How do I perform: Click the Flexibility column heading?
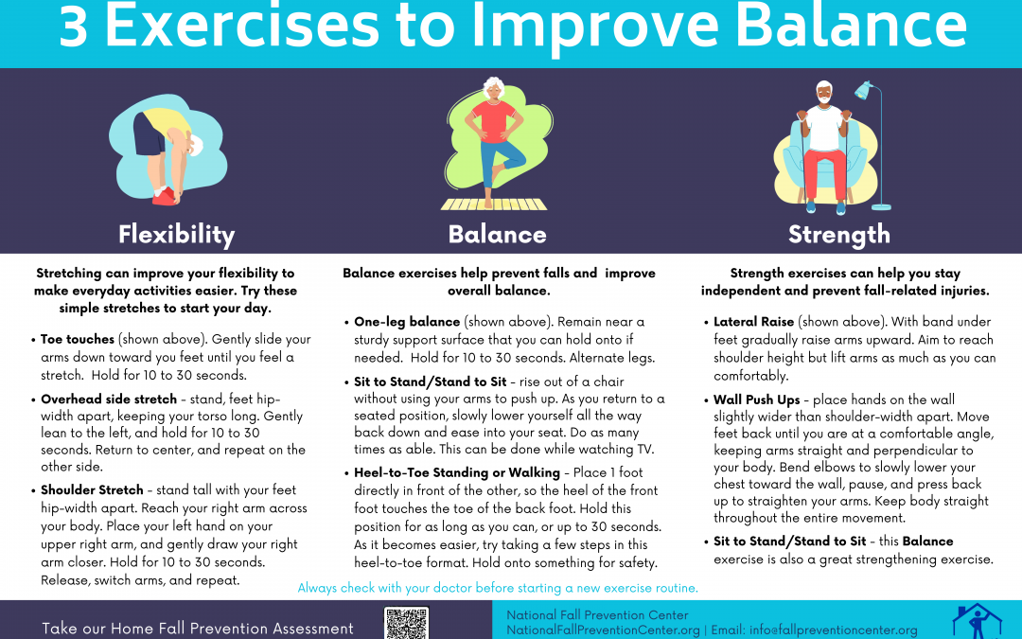pos(176,234)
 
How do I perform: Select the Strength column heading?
pos(838,234)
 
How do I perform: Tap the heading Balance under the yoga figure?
pos(498,234)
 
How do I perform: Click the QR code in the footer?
pos(406,623)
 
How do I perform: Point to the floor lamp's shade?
pos(864,90)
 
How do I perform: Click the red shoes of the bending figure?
pos(165,196)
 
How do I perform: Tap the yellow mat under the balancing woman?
pos(494,204)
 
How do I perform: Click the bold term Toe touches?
pos(77,339)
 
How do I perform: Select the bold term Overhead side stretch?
pos(109,399)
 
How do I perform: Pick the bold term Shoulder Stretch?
pos(92,489)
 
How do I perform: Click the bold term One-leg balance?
pos(407,322)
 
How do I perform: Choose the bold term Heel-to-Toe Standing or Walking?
pos(457,472)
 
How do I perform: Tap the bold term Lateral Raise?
pos(753,322)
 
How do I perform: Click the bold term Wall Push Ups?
pos(757,399)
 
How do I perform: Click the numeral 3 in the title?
pos(73,27)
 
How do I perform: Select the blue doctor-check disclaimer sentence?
pos(498,588)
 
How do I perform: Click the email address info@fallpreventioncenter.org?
pos(834,630)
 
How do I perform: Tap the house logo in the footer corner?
pos(977,622)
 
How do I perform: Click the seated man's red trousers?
pos(824,173)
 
